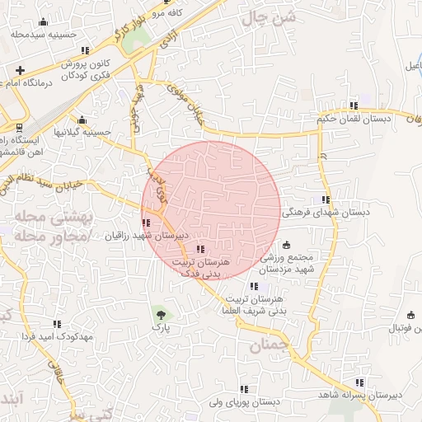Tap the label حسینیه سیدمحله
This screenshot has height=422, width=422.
43,35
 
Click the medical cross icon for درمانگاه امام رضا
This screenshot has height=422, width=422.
20,70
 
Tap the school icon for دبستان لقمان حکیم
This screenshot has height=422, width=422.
354,105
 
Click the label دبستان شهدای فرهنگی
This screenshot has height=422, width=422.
326,213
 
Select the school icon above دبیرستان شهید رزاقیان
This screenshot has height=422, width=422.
146,223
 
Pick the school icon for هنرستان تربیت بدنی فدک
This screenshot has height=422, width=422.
200,249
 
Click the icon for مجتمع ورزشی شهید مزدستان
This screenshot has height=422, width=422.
286,245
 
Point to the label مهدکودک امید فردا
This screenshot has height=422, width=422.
56,336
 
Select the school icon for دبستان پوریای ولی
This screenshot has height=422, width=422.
243,389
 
